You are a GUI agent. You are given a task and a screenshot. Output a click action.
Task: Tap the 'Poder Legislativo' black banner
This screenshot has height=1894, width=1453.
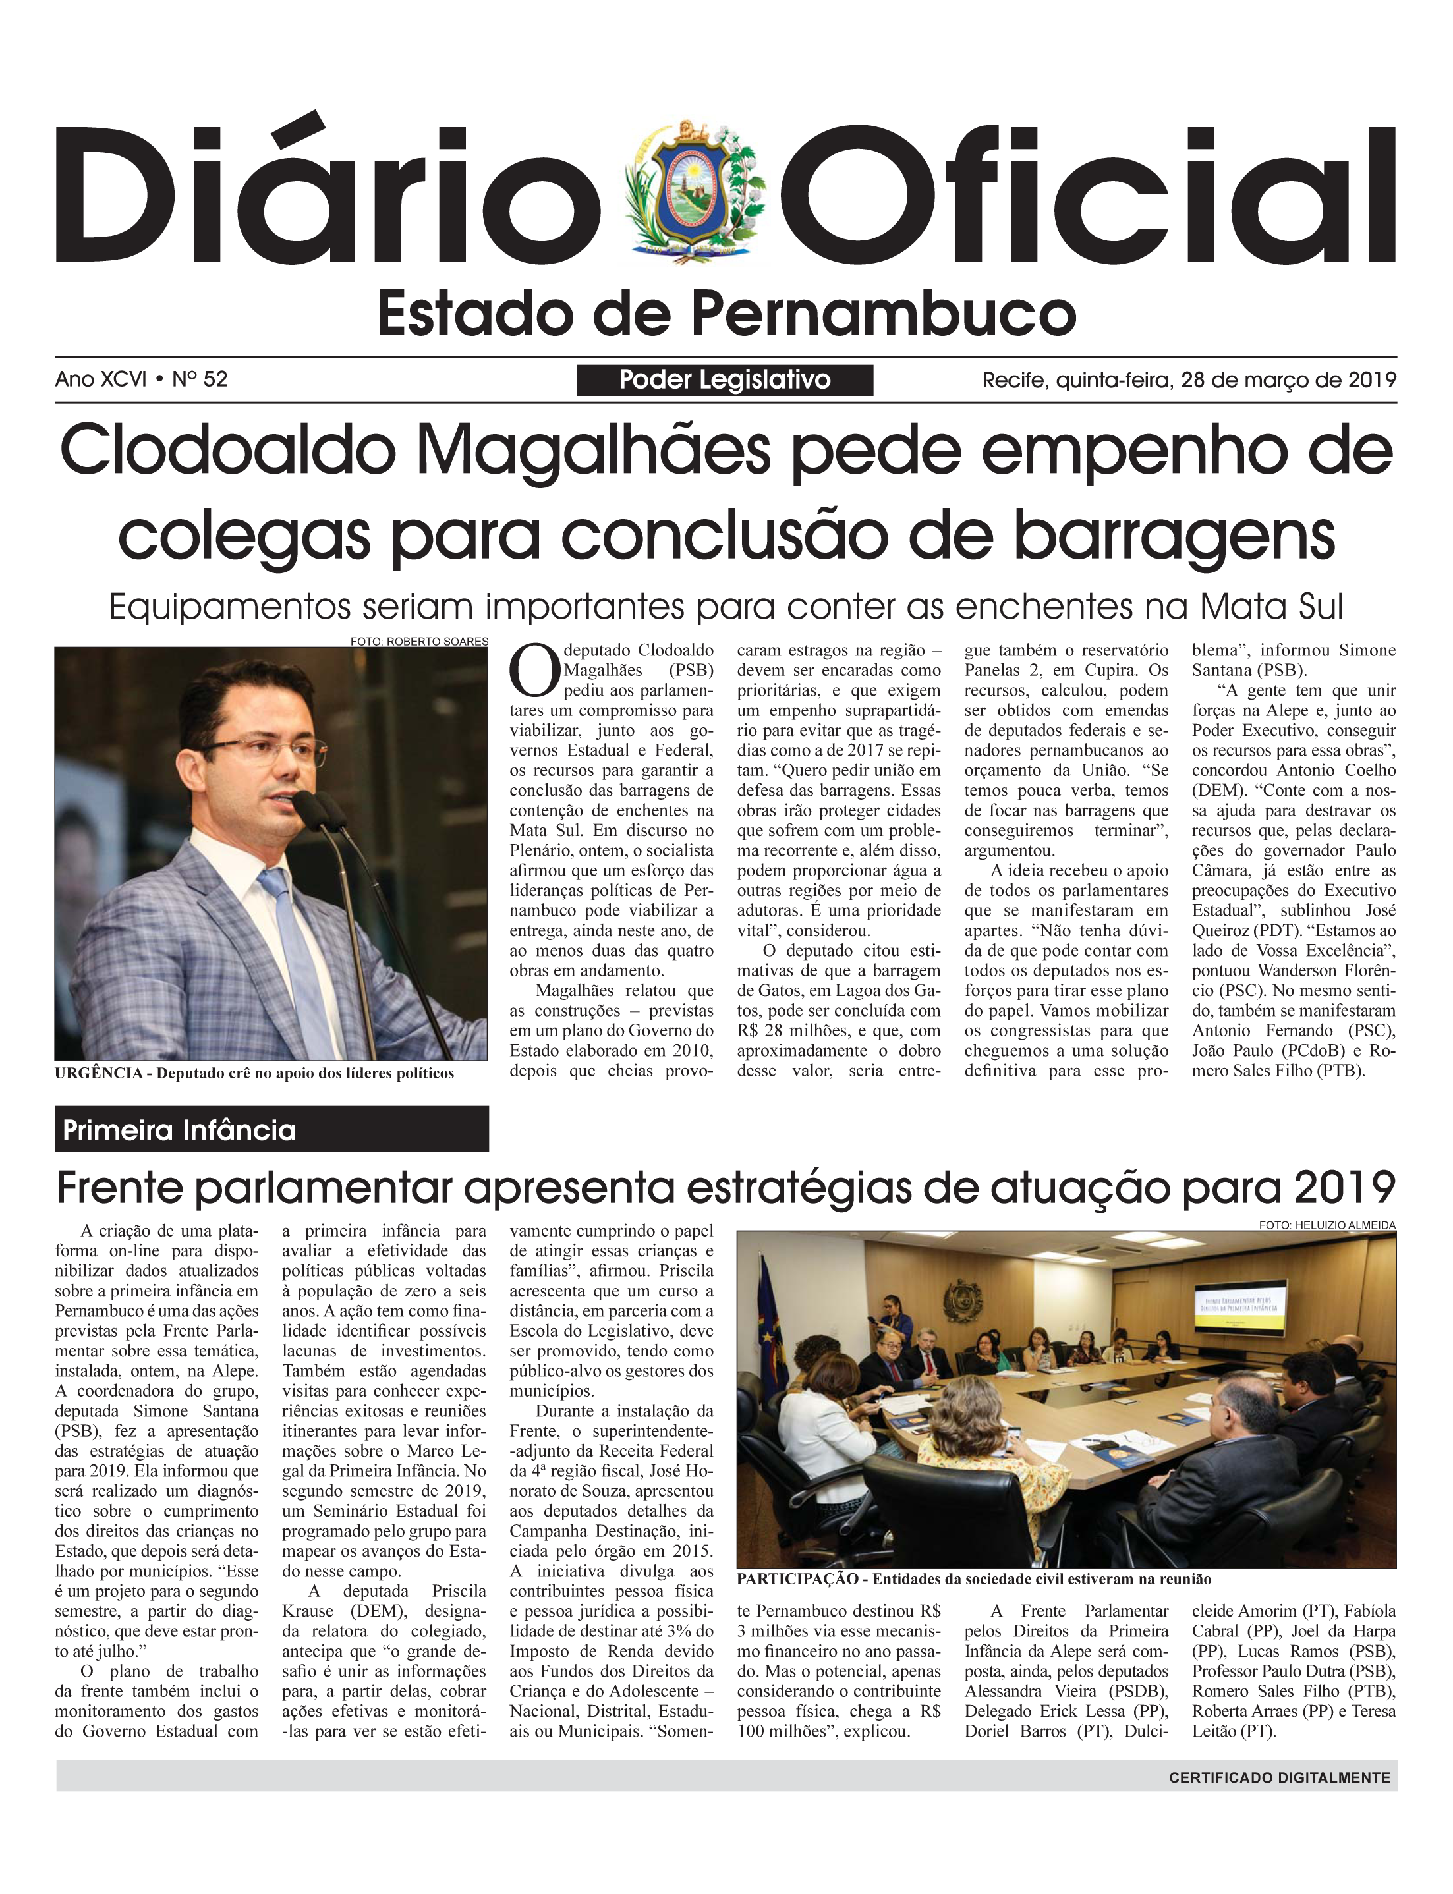click(x=725, y=379)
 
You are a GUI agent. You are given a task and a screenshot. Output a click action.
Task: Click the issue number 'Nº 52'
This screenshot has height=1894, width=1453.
click(x=200, y=379)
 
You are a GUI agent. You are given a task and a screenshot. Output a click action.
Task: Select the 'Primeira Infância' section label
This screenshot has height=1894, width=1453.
click(x=180, y=1130)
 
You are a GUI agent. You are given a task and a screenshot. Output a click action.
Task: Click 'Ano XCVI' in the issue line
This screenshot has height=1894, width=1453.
click(x=100, y=379)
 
